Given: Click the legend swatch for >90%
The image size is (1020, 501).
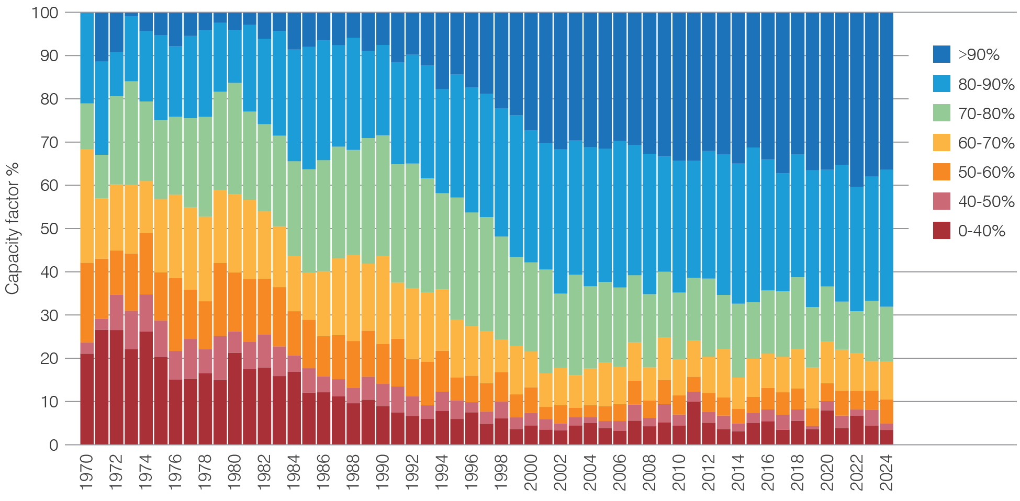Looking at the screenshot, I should [x=941, y=54].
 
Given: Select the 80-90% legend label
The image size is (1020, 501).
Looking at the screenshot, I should [x=986, y=84].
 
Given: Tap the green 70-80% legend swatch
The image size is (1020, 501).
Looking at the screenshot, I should [x=941, y=113].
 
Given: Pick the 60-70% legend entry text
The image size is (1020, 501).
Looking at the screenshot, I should [x=986, y=143].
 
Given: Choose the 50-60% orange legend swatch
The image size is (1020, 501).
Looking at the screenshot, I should [x=941, y=172].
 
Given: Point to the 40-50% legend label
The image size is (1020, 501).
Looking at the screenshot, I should [x=986, y=201].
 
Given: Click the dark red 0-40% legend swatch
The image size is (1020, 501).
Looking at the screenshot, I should [x=941, y=231].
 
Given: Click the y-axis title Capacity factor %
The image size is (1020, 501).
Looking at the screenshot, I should [x=12, y=229].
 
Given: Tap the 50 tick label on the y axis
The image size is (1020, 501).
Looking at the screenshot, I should [x=50, y=229].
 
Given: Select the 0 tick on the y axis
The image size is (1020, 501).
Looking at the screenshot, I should [x=54, y=445].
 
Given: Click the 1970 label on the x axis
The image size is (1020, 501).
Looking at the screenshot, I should [x=87, y=472].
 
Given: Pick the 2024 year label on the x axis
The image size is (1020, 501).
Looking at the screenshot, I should [x=887, y=472].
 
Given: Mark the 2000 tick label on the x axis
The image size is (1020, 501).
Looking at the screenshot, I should [x=531, y=472].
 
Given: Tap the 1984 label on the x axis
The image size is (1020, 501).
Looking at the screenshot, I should [x=294, y=472].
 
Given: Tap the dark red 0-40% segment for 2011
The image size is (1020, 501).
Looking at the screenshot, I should [x=694, y=423].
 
